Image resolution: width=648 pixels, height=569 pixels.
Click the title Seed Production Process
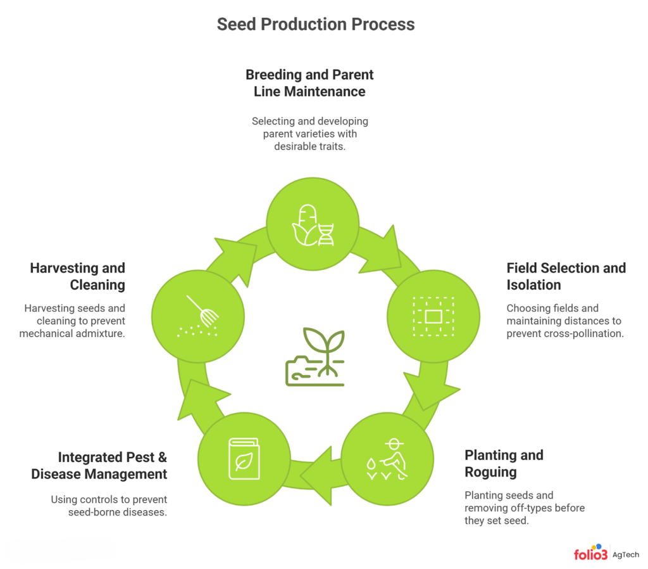coord(316,25)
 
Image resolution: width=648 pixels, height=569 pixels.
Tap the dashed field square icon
coord(433,316)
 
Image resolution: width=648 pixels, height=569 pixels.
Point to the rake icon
coord(199,314)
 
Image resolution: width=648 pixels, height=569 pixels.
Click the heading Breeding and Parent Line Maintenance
coord(309,83)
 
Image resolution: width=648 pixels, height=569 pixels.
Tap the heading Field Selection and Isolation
coord(566,276)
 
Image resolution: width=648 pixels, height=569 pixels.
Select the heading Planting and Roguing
coord(504,463)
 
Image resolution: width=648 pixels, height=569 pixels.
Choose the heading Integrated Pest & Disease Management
coord(99,465)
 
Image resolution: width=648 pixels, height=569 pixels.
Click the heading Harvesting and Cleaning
coord(78,276)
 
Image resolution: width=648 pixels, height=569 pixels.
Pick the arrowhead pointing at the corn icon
coord(235,250)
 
